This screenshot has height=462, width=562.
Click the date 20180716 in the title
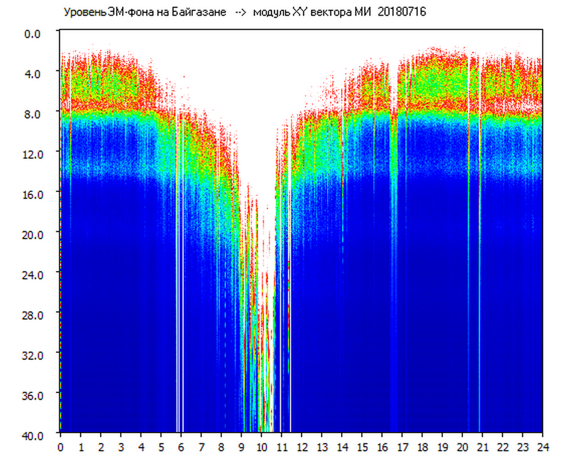[x=402, y=12]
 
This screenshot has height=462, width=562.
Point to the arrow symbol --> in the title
[x=240, y=12]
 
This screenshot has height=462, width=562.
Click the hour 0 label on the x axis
[x=61, y=447]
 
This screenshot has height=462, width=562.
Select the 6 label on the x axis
[x=181, y=447]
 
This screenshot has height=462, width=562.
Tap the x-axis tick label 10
[x=261, y=447]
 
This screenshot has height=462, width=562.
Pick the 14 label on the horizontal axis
[x=342, y=447]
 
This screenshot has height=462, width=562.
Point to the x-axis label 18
[x=422, y=447]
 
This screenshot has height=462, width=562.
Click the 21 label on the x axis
[x=482, y=447]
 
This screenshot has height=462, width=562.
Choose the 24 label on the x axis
[x=543, y=447]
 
